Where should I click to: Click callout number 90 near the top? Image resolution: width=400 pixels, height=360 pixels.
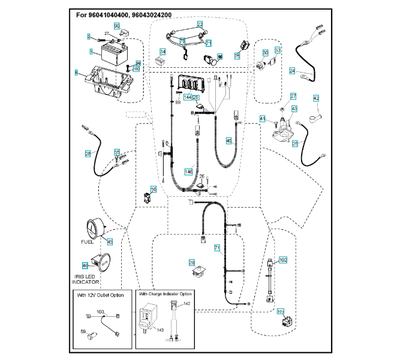(117, 26)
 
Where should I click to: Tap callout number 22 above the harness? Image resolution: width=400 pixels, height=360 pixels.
(200, 24)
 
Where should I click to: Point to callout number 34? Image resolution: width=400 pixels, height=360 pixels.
(162, 52)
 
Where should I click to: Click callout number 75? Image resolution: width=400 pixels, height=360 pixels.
(237, 56)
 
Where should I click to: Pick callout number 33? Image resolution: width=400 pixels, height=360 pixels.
(278, 50)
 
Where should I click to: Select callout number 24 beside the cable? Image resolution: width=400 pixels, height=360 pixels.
(292, 71)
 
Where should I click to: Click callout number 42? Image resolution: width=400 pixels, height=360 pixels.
(316, 98)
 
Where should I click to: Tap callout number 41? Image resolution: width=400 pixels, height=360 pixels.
(262, 119)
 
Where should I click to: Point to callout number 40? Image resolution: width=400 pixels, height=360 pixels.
(228, 140)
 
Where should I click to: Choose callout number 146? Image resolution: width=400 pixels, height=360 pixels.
(188, 172)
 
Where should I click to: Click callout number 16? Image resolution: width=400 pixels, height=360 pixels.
(154, 190)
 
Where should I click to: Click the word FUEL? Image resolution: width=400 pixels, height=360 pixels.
(88, 242)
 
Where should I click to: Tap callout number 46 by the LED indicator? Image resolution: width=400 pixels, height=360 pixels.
(85, 265)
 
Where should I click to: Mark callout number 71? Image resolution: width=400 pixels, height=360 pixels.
(216, 247)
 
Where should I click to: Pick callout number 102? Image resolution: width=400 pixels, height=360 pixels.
(283, 260)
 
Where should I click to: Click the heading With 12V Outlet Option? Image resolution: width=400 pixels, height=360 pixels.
(101, 296)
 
